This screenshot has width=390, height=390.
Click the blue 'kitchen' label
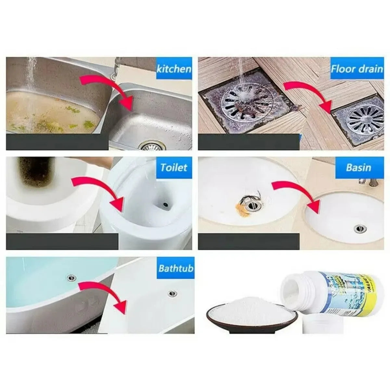pos(174,69)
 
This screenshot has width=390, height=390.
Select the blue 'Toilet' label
pos(174,167)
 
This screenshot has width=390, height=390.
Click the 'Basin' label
pos(358,167)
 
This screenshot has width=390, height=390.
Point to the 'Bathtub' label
pos(176,268)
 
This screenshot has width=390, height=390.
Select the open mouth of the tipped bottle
pos(294,289)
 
